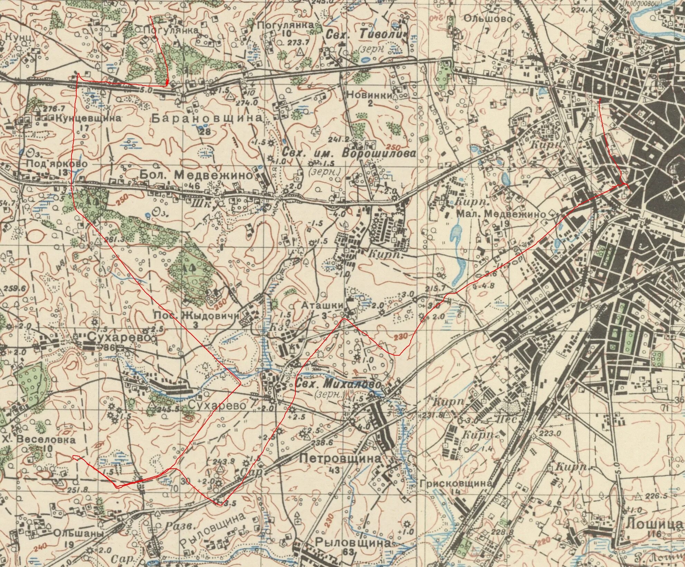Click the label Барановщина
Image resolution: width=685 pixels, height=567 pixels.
[x=207, y=118]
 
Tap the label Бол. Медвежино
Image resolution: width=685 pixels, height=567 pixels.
[x=196, y=175]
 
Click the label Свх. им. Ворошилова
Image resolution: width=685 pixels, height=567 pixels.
[x=349, y=153]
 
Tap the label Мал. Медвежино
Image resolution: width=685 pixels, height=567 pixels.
[x=501, y=214]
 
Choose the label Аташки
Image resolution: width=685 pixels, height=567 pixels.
[x=322, y=305]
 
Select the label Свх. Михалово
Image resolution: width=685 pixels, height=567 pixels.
[x=339, y=385]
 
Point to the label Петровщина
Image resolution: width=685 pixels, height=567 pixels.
[x=340, y=459]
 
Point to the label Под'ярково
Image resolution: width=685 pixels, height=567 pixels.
[x=57, y=164]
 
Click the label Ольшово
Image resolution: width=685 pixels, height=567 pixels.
[x=488, y=18]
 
